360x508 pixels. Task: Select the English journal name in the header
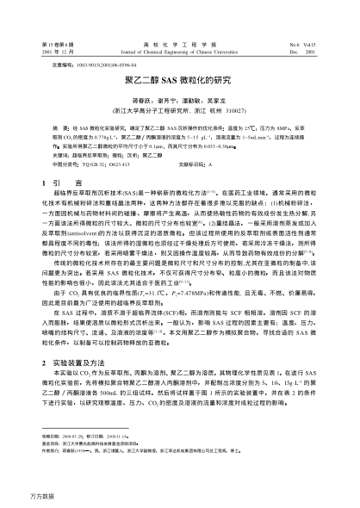coord(179,48)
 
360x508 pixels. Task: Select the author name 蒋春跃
coord(141,97)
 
